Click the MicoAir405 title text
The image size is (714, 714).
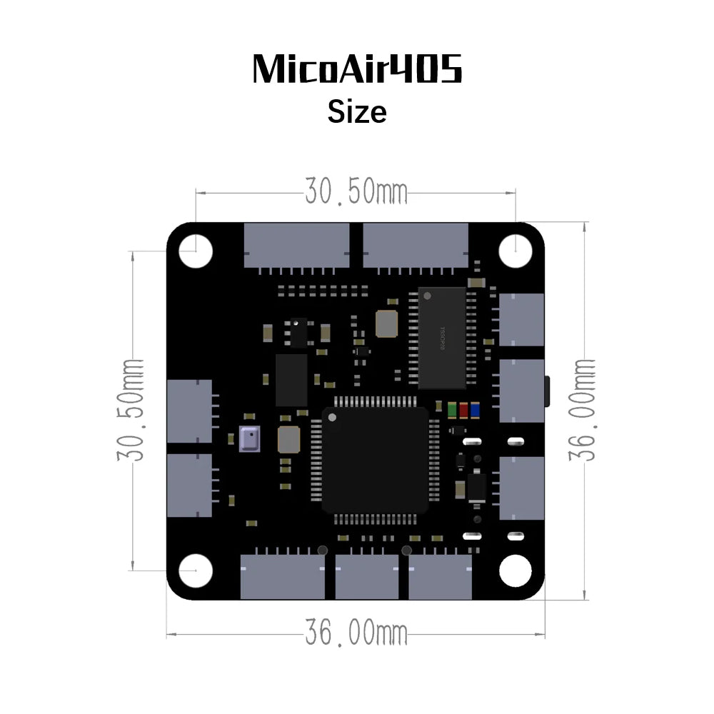pos(357,69)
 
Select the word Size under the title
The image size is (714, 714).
pos(357,111)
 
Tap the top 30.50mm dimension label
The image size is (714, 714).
pos(356,191)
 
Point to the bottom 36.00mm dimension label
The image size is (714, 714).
pos(356,633)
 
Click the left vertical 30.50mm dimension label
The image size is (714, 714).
pos(131,410)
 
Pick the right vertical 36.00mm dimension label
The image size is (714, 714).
pos(582,410)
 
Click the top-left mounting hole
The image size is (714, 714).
pos(196,251)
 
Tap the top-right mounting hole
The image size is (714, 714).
pos(516,251)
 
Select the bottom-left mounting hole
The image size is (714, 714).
pos(196,570)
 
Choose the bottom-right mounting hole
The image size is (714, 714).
pos(516,570)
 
